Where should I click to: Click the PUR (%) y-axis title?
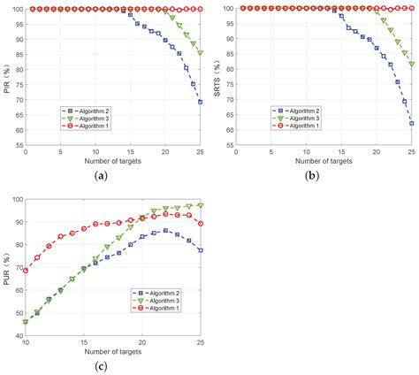(6, 267)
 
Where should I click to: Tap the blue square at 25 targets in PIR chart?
(201, 102)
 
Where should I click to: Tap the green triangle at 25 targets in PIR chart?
(201, 53)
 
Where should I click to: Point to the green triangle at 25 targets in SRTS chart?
(412, 65)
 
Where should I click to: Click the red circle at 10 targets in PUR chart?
(26, 271)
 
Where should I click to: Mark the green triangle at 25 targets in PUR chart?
(201, 205)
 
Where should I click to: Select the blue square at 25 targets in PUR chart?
(201, 250)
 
